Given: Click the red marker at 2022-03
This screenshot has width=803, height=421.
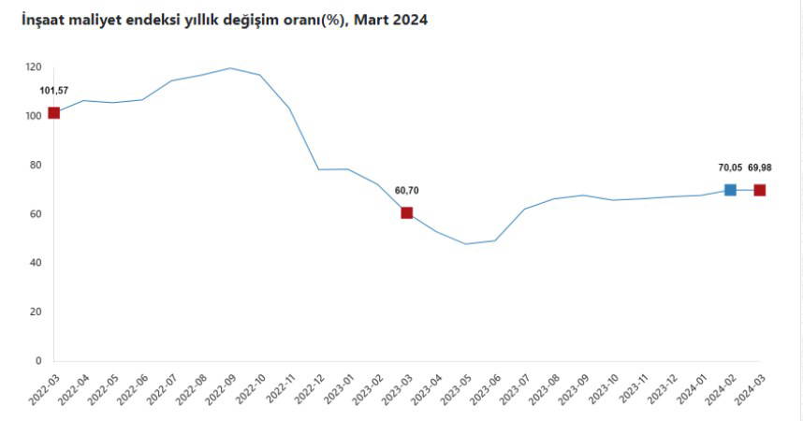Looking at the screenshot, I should point(53,113).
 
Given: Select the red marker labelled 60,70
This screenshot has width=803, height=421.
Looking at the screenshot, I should point(407,213).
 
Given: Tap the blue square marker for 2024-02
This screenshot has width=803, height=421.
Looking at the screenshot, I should point(730,190).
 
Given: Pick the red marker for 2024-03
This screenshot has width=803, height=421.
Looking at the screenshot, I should point(759,190).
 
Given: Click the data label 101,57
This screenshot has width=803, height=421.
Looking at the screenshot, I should point(54,91).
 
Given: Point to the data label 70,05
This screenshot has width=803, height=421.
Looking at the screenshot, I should point(730,167).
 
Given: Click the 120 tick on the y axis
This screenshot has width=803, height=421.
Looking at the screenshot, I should point(34,67).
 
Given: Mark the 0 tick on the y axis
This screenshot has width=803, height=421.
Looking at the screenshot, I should point(38,360).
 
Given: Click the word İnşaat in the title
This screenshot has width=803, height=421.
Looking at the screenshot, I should point(45,19).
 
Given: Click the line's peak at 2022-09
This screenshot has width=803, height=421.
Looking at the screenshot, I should point(230,68).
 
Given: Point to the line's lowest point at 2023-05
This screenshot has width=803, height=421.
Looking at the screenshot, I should point(465,244).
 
